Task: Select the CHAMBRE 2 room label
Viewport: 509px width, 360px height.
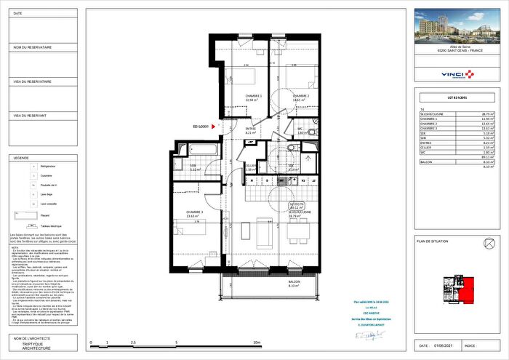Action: (301, 97)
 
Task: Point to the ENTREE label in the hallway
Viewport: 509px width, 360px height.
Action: (252, 130)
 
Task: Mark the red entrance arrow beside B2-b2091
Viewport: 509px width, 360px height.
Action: (213, 127)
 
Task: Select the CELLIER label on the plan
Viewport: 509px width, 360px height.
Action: (250, 167)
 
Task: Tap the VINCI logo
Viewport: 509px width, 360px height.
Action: (454, 75)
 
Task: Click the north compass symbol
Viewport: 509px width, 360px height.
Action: (488, 242)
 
